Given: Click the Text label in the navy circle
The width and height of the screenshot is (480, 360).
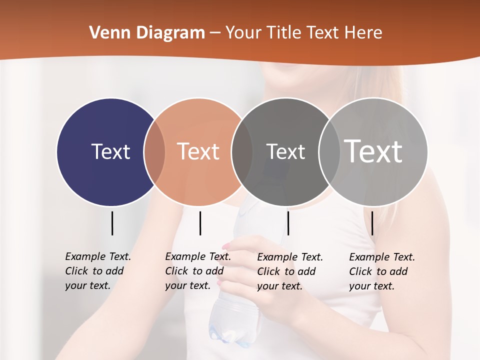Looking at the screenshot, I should click(x=110, y=151).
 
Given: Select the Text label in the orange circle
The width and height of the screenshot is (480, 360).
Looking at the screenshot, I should click(x=198, y=151).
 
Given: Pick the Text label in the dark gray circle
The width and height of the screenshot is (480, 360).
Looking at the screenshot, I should click(x=285, y=151).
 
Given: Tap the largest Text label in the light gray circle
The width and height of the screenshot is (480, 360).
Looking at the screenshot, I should click(x=373, y=151).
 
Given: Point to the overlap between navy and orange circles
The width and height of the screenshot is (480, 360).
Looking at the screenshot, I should click(x=154, y=152).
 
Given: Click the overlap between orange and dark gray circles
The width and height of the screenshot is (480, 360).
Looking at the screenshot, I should click(x=242, y=152).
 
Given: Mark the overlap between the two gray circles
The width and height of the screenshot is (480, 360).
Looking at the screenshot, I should click(x=328, y=152).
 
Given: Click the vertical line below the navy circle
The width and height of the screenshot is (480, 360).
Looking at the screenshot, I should click(x=112, y=223).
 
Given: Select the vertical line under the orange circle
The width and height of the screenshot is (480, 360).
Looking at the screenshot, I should click(x=200, y=223).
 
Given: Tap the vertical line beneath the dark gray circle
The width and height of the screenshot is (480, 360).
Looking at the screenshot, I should click(x=288, y=223).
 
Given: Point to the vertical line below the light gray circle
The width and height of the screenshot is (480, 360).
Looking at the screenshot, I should click(x=372, y=223).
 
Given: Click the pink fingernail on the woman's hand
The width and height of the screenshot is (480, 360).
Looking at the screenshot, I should click(x=226, y=246).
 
